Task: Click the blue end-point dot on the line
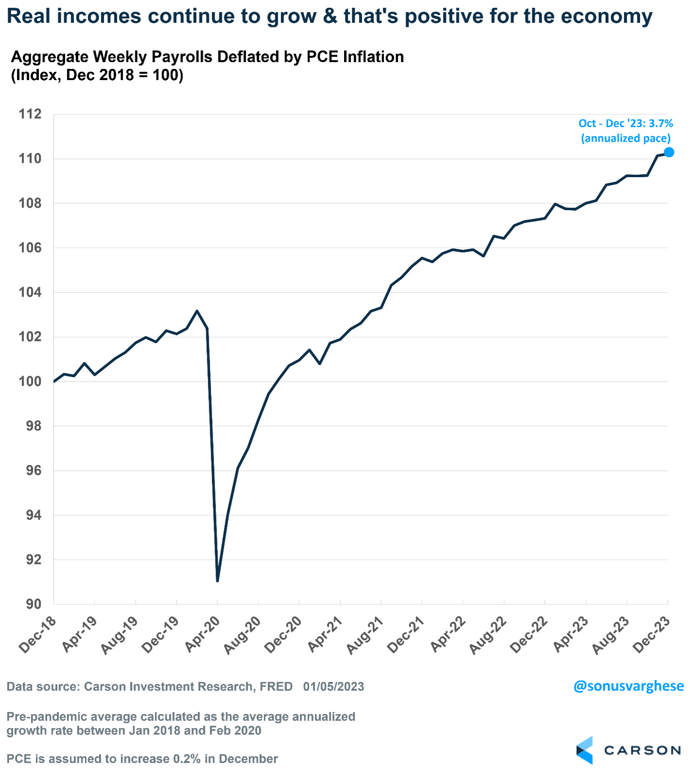pyautogui.click(x=669, y=152)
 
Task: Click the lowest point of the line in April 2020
pyautogui.click(x=217, y=581)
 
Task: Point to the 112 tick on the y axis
pyautogui.click(x=30, y=114)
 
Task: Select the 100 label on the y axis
pyautogui.click(x=30, y=382)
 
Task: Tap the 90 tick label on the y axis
pyautogui.click(x=33, y=604)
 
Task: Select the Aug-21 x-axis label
pyautogui.click(x=366, y=635)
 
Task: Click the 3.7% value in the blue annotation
pyautogui.click(x=661, y=124)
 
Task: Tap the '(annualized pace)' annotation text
pyautogui.click(x=626, y=138)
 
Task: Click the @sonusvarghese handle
pyautogui.click(x=628, y=686)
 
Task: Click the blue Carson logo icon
pyautogui.click(x=585, y=750)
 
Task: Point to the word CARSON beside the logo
pyautogui.click(x=642, y=750)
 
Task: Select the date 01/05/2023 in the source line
pyautogui.click(x=333, y=687)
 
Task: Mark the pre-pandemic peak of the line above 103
pyautogui.click(x=197, y=311)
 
